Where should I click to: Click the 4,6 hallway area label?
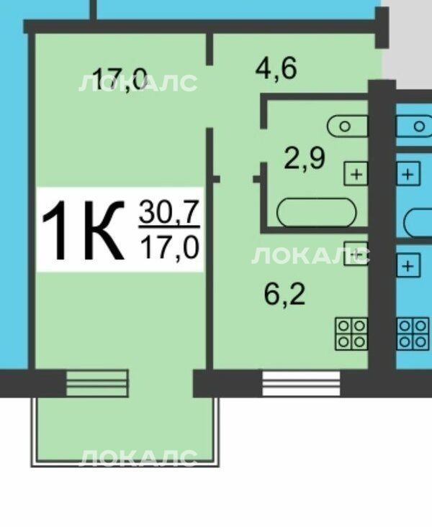(x=276, y=69)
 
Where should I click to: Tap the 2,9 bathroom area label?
(x=305, y=159)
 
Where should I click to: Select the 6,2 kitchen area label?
(x=285, y=294)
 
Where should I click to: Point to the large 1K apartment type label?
(x=84, y=230)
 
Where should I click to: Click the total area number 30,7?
(x=169, y=212)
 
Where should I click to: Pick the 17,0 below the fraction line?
(x=170, y=247)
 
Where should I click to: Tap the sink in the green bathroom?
(x=348, y=127)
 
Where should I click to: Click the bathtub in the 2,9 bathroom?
(x=316, y=212)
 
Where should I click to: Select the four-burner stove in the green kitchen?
(x=351, y=334)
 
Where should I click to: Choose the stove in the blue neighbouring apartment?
(x=413, y=334)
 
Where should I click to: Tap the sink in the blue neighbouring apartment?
(x=414, y=127)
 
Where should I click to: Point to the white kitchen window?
(x=301, y=383)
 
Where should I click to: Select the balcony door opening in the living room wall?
(x=97, y=382)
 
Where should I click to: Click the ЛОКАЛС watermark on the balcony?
(x=138, y=458)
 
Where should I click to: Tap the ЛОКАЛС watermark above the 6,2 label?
(x=310, y=256)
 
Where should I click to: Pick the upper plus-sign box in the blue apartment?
(x=408, y=174)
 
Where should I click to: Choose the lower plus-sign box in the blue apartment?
(x=408, y=266)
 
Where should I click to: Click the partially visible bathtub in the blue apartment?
(x=418, y=222)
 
